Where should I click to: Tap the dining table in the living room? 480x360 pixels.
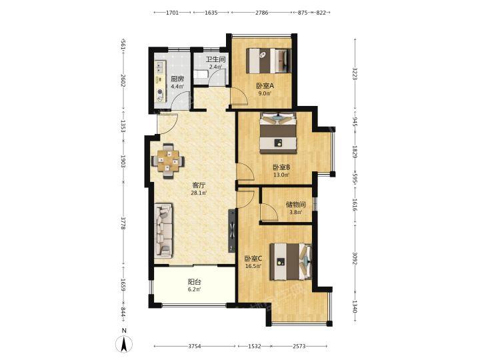click(x=168, y=161)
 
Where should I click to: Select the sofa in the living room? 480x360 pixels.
click(x=163, y=229)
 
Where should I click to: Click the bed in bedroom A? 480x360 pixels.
click(x=269, y=61)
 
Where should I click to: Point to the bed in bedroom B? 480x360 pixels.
click(x=278, y=133)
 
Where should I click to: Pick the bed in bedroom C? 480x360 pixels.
click(x=291, y=261)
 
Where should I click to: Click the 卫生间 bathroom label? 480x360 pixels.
click(x=215, y=59)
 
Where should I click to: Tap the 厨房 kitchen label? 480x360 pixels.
click(x=177, y=79)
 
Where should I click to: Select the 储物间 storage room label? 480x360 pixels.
click(x=295, y=204)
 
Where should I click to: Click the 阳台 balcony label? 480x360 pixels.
click(x=194, y=281)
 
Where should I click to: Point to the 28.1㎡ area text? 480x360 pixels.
click(x=199, y=193)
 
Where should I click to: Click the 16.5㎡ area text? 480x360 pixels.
click(x=253, y=266)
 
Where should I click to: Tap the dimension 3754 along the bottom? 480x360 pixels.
click(x=195, y=346)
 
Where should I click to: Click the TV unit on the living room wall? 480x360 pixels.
click(x=232, y=231)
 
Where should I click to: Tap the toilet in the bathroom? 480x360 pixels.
click(x=201, y=75)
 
